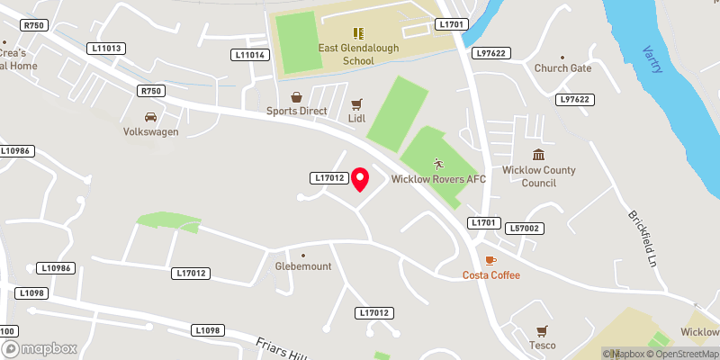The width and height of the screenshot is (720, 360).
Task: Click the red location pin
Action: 360,179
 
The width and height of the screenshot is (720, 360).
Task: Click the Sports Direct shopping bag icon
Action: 294,97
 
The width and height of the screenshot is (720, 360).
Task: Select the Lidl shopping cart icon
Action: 356,104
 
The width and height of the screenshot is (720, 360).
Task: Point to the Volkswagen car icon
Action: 150,117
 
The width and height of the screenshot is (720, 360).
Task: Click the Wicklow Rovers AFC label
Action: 438,179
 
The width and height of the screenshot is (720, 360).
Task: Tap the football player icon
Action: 438,164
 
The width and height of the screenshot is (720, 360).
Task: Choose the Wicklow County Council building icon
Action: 538,156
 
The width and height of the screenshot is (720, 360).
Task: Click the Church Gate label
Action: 562,68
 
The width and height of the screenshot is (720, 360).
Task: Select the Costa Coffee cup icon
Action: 490,260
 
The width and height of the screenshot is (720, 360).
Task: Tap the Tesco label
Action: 542,346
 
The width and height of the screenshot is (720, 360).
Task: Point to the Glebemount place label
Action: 303,266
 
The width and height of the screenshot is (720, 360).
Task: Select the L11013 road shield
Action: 106,49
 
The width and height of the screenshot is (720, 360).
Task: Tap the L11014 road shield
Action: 249,55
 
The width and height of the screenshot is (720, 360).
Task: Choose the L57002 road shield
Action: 523,229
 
